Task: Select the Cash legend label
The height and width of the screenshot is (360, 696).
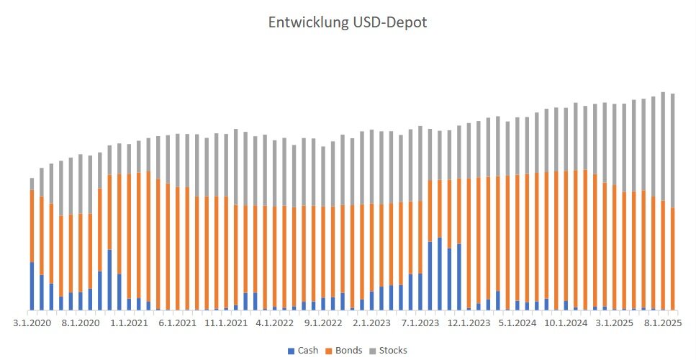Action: tap(307, 351)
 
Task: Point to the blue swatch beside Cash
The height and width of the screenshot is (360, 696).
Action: tap(291, 351)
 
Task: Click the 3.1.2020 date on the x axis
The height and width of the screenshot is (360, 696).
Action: tap(32, 324)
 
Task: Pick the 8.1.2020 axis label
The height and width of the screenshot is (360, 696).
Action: tap(81, 324)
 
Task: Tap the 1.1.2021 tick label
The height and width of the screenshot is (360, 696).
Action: tap(129, 324)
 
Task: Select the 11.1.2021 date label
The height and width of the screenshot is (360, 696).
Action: tap(226, 324)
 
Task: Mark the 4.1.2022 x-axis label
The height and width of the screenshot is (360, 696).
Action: tap(274, 324)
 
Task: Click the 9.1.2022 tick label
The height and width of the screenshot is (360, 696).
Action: tap(322, 324)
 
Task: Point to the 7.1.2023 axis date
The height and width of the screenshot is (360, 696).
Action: tap(420, 324)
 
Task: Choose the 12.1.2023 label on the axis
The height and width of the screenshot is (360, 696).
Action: tap(468, 324)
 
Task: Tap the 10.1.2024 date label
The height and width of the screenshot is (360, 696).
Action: tap(565, 324)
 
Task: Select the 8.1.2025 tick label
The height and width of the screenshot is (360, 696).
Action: tap(662, 324)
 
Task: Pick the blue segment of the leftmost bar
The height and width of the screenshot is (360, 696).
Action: tap(32, 287)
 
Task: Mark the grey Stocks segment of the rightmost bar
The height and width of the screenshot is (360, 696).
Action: tap(672, 150)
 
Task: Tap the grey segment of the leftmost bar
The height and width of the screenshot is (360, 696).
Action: tap(32, 184)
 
